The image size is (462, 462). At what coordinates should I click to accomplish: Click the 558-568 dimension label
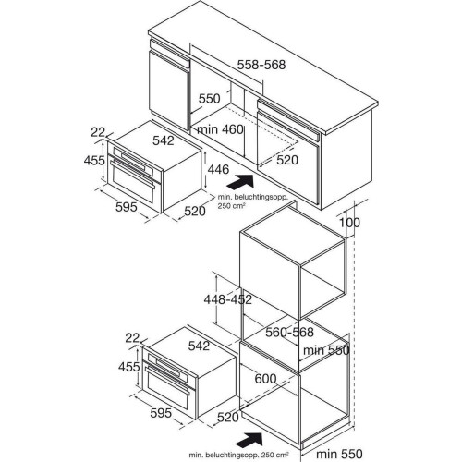click(x=261, y=65)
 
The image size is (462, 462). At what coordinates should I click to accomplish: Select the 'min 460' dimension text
click(x=220, y=129)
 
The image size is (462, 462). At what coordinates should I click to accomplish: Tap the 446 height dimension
click(x=218, y=169)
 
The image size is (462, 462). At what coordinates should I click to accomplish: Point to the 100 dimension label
click(x=349, y=223)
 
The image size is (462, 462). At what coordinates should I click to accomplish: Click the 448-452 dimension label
click(x=228, y=299)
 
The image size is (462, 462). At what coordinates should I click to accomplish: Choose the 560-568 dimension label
click(x=289, y=332)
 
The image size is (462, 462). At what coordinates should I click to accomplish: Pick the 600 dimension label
click(x=265, y=379)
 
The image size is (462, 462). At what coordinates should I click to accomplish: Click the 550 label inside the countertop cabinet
click(x=210, y=99)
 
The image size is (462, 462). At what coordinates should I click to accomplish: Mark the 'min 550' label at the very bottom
click(x=339, y=454)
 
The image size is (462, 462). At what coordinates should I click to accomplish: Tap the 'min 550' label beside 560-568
click(x=326, y=350)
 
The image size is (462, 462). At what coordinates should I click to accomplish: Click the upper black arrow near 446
click(x=240, y=182)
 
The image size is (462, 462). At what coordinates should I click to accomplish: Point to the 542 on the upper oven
click(x=164, y=140)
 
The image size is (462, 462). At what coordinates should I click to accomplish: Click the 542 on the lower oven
click(x=199, y=346)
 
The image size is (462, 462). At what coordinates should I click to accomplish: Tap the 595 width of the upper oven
click(x=127, y=207)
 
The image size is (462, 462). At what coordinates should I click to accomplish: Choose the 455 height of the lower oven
click(x=129, y=367)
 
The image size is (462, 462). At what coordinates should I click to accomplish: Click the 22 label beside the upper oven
click(x=98, y=132)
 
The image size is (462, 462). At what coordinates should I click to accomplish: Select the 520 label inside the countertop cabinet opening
click(x=287, y=160)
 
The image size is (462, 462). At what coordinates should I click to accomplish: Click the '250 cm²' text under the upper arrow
click(x=232, y=206)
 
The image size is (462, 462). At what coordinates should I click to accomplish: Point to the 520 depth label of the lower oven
click(x=228, y=418)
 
